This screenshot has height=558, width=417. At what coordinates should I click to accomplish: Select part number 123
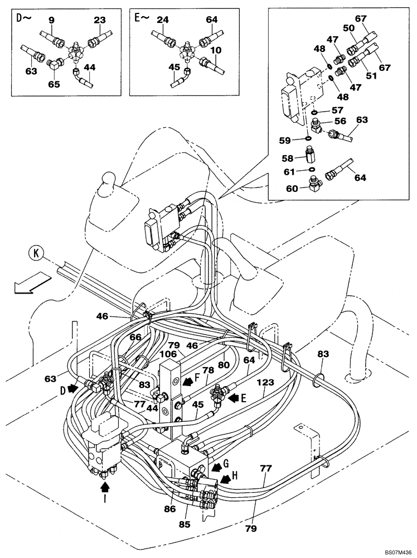click(x=265, y=383)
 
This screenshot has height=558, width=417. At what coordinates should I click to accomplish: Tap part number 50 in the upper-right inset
click(x=349, y=28)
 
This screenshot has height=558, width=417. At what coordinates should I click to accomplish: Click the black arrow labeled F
click(x=190, y=379)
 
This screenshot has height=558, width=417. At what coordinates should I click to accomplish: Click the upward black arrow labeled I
click(x=105, y=489)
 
